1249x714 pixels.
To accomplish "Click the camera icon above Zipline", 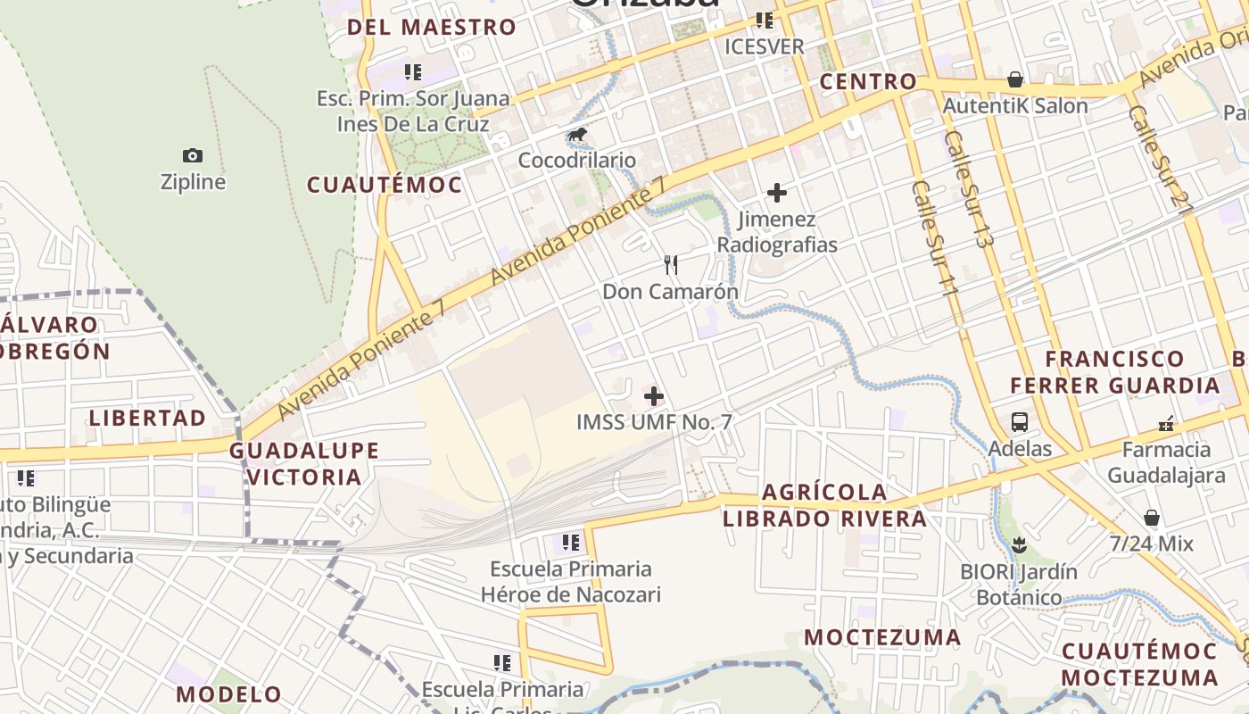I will point(193,156).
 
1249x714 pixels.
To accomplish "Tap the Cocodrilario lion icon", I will point(578,136).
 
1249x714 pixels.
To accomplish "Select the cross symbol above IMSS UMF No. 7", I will point(654,395).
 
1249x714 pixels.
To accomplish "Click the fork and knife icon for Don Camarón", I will point(671,264).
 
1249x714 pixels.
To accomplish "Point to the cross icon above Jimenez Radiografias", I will point(777,192).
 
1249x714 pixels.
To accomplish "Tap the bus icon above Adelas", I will point(1020,422).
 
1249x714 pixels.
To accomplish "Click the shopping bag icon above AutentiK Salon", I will point(1015,79).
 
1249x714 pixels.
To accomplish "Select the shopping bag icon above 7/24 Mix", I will point(1152,518).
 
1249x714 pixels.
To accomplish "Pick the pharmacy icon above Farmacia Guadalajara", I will point(1165,423).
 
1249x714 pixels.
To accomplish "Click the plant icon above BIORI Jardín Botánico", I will point(1019,544).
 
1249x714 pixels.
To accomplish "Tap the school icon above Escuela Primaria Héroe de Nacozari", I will point(571,542).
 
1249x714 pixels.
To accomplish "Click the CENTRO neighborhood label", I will point(868,81).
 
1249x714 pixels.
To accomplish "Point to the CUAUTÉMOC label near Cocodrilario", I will point(385,185).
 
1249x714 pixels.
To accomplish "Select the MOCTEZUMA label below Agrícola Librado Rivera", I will point(882,637).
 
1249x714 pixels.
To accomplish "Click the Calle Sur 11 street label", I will point(936,252).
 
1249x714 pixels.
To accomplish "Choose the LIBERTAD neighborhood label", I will point(147,418).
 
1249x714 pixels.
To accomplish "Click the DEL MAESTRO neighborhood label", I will point(432,27).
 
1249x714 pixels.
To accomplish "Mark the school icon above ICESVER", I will point(764,20).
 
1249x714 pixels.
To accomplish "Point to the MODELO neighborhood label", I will point(228,694).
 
